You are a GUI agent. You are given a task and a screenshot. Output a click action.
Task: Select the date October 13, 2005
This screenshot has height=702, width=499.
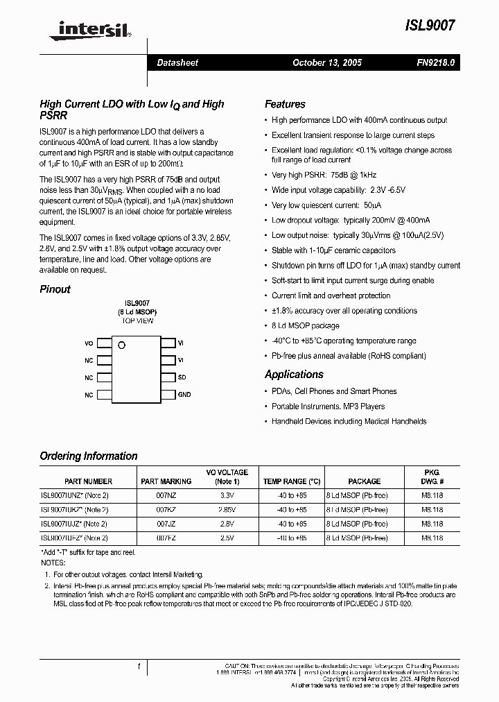[x=326, y=62]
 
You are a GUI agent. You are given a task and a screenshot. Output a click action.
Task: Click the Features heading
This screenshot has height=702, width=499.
[x=285, y=104]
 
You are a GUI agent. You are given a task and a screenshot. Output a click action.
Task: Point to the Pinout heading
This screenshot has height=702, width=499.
[x=55, y=289]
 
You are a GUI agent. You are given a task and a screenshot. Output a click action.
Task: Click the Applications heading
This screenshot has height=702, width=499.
[x=294, y=375]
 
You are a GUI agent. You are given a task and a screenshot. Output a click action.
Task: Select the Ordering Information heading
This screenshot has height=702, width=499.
[x=89, y=456]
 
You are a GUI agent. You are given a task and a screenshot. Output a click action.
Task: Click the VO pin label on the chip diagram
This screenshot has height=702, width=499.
[x=89, y=343]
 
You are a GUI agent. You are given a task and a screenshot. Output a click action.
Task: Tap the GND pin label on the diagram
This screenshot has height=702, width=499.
[x=184, y=395]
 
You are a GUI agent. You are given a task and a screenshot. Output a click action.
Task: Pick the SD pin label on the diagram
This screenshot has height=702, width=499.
[x=182, y=377]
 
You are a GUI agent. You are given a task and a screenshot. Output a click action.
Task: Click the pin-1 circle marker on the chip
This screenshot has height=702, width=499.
[x=121, y=345]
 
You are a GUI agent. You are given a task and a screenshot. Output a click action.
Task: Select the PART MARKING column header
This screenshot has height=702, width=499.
[x=166, y=481]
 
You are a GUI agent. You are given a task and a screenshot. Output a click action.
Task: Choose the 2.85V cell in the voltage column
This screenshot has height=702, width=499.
[x=227, y=510]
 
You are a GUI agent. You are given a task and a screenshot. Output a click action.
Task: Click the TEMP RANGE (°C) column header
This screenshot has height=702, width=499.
[x=292, y=481]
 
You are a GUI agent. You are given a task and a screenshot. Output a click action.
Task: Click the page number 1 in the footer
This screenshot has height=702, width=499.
[x=139, y=667]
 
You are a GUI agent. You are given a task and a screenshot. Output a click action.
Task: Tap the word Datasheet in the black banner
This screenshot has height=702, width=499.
[x=177, y=62]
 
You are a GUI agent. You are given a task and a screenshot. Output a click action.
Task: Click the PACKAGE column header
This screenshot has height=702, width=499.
[x=364, y=481]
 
